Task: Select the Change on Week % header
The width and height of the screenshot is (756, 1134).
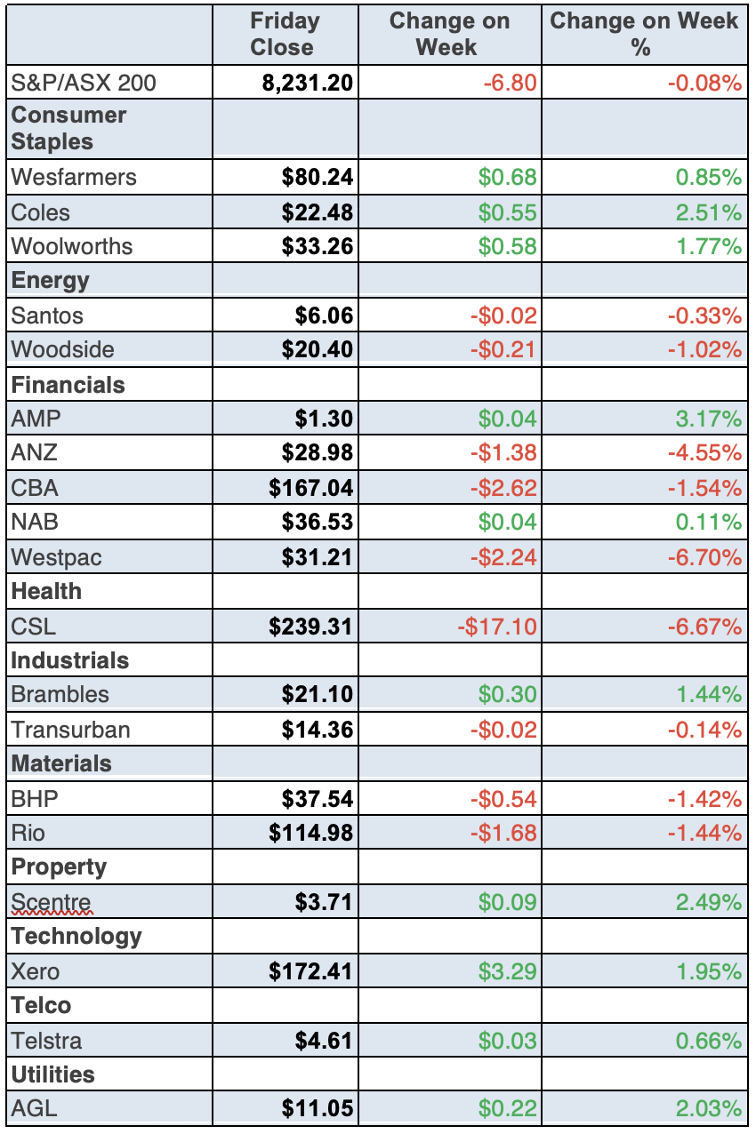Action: [644, 34]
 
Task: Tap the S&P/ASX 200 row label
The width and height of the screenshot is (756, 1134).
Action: [84, 84]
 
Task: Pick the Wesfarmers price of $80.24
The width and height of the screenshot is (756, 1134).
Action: [318, 177]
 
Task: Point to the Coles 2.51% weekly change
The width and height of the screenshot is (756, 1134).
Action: [708, 212]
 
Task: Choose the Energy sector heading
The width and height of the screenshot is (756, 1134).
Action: [51, 281]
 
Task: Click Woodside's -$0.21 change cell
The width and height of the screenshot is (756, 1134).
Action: [504, 349]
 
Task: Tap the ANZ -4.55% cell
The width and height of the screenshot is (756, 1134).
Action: [704, 452]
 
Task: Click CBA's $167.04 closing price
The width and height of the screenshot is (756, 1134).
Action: [311, 488]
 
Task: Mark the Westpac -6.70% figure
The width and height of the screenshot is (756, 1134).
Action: [704, 557]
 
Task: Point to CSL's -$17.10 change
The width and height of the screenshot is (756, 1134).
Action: [497, 627]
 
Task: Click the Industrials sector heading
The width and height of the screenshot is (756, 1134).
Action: [70, 661]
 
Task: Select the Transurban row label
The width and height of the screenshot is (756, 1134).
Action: [70, 731]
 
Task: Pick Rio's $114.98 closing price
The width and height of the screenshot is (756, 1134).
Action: [311, 834]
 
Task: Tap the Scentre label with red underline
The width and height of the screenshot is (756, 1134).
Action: [51, 903]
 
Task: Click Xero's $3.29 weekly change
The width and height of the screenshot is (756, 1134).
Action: [508, 971]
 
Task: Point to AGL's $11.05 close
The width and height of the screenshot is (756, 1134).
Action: [318, 1108]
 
